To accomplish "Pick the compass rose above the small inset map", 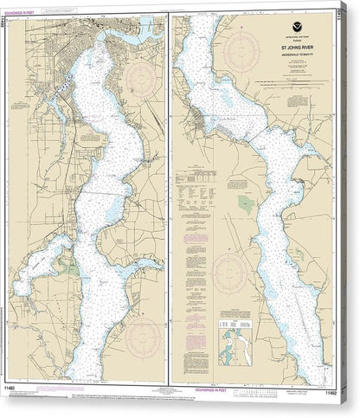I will coord(228,269).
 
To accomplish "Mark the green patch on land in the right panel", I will coord(246,205).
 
